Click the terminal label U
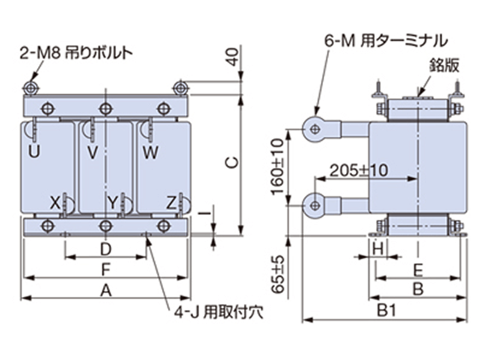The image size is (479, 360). point(35,153)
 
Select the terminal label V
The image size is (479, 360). point(93,153)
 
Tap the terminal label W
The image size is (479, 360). point(150,153)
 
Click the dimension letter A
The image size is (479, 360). point(106,290)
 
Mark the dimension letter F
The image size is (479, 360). point(106,269)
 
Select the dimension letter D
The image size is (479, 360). point(106,249)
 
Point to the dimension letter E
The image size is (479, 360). point(419,269)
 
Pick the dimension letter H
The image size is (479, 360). point(378,247)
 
